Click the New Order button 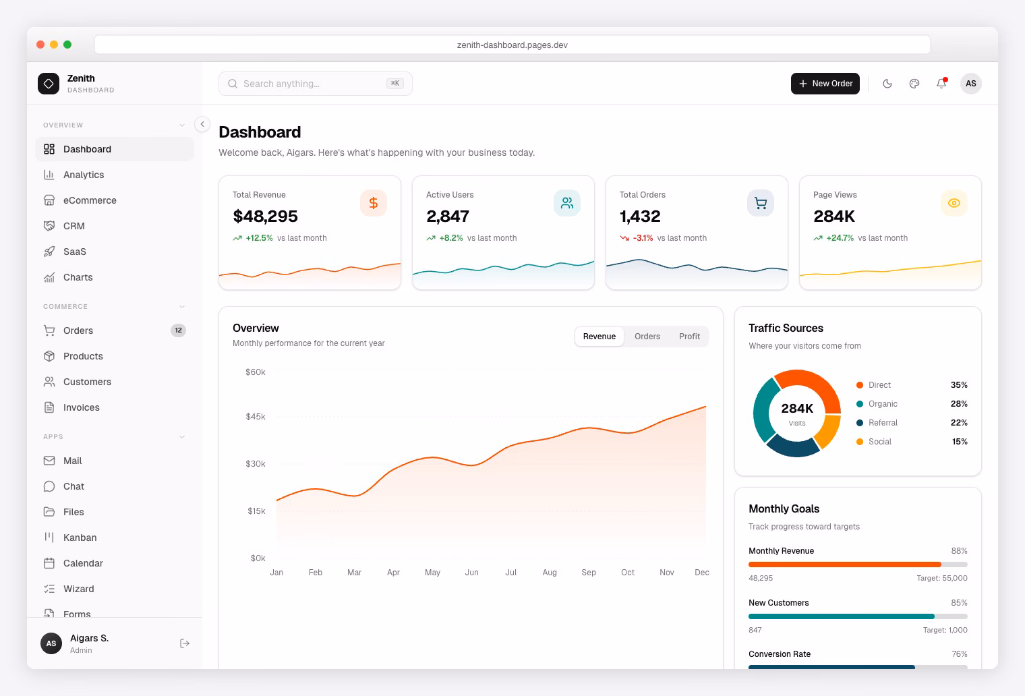coord(825,84)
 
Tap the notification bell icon coord(941,84)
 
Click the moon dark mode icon coord(887,84)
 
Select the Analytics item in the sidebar coord(84,175)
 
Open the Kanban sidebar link coord(80,538)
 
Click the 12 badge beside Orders coord(178,330)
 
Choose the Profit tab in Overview coord(689,337)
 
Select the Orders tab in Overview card coord(647,337)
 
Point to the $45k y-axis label coord(256,417)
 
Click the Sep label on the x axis coord(589,573)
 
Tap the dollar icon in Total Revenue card coord(373,203)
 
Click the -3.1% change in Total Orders coord(643,238)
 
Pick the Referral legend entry coord(883,423)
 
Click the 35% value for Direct coord(959,385)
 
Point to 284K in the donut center coord(797,409)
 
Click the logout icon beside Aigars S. coord(185,644)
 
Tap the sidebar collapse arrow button coord(202,124)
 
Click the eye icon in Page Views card coord(954,203)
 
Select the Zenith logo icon coord(49,84)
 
